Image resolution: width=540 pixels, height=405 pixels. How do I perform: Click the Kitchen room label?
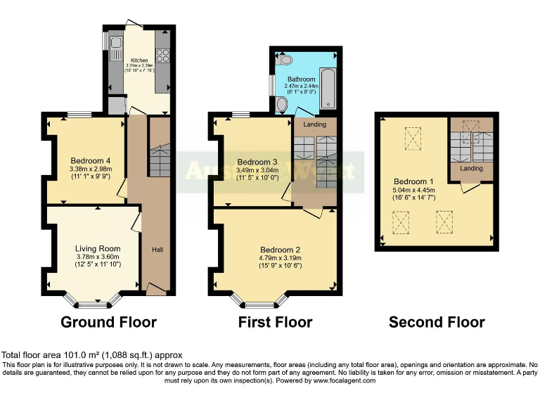pyautogui.click(x=139, y=60)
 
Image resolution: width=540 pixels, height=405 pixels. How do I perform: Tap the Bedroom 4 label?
pyautogui.click(x=86, y=160)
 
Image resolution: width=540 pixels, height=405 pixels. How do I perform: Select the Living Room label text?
pyautogui.click(x=98, y=248)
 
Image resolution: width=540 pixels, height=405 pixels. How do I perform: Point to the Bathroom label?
pyautogui.click(x=301, y=79)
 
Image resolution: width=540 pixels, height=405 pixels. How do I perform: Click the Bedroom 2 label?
pyautogui.click(x=280, y=250)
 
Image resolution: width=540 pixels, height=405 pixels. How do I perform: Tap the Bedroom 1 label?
pyautogui.click(x=413, y=181)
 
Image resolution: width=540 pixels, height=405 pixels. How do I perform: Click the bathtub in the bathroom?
pyautogui.click(x=328, y=89)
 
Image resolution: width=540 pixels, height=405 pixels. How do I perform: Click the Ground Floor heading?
pyautogui.click(x=108, y=322)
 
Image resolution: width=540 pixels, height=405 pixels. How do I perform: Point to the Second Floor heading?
pyautogui.click(x=437, y=322)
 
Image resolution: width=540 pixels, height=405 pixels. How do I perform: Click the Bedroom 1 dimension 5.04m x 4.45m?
pyautogui.click(x=413, y=190)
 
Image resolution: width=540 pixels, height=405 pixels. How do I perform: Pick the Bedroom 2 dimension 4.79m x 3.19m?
pyautogui.click(x=280, y=258)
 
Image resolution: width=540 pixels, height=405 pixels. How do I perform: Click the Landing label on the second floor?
pyautogui.click(x=470, y=168)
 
